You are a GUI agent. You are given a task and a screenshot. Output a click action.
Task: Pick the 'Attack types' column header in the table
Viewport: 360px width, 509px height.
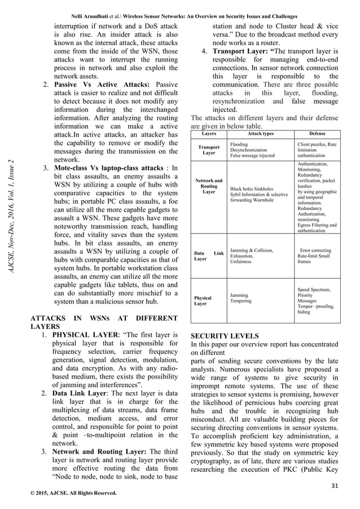260,134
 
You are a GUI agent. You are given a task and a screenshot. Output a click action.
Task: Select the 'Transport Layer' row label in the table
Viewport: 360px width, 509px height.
209,150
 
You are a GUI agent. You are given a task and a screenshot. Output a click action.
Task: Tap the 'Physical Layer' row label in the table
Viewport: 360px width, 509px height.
203,300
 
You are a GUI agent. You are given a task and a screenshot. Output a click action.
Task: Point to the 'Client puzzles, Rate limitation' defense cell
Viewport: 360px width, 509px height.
317,149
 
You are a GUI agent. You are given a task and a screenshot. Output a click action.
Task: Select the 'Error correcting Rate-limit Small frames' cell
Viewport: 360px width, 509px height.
315,256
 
